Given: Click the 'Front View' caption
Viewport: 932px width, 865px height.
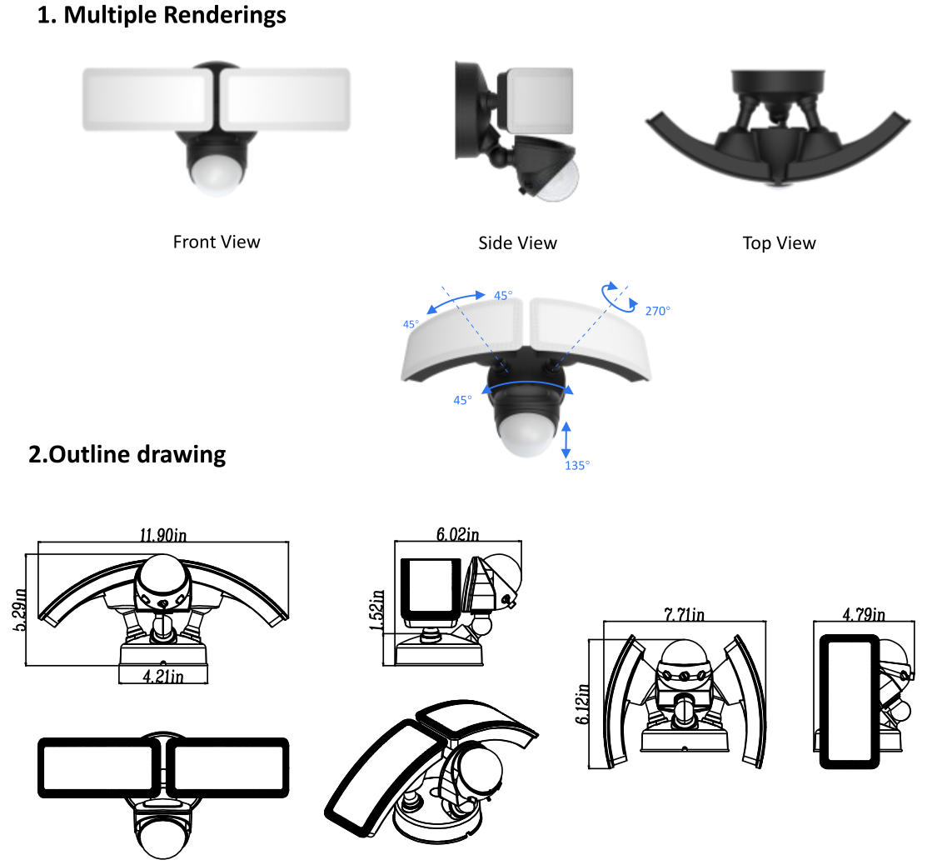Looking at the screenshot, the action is click(x=217, y=242).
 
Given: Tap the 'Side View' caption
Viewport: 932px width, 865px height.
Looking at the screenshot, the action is click(x=518, y=242).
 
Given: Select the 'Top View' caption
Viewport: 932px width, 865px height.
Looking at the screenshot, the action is click(x=780, y=242).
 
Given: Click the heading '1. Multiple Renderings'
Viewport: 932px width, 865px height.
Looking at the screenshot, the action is click(x=162, y=15).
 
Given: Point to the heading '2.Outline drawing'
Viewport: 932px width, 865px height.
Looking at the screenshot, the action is click(x=127, y=454).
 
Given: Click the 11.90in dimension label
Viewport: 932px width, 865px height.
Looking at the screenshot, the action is click(x=163, y=534).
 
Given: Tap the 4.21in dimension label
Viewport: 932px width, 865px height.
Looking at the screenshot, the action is click(x=163, y=676).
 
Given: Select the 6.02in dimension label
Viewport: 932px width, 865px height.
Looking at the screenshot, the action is click(x=458, y=533).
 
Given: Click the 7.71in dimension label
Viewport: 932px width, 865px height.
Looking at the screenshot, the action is click(x=684, y=614).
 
